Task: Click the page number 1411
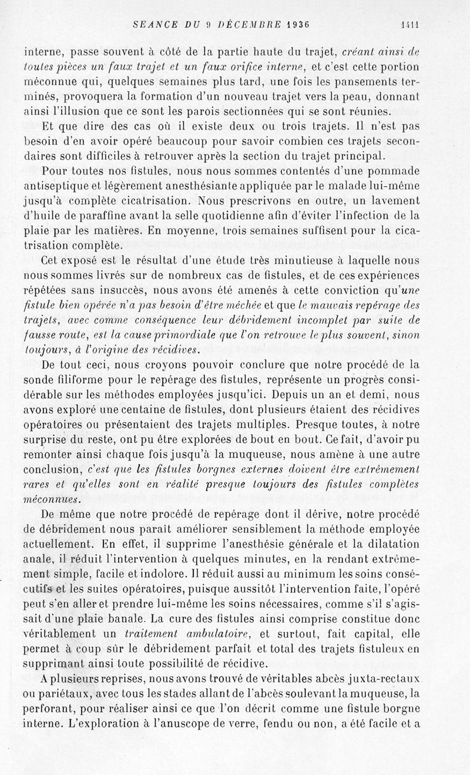pos(409,25)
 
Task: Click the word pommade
pos(390,171)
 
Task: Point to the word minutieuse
pos(311,261)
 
